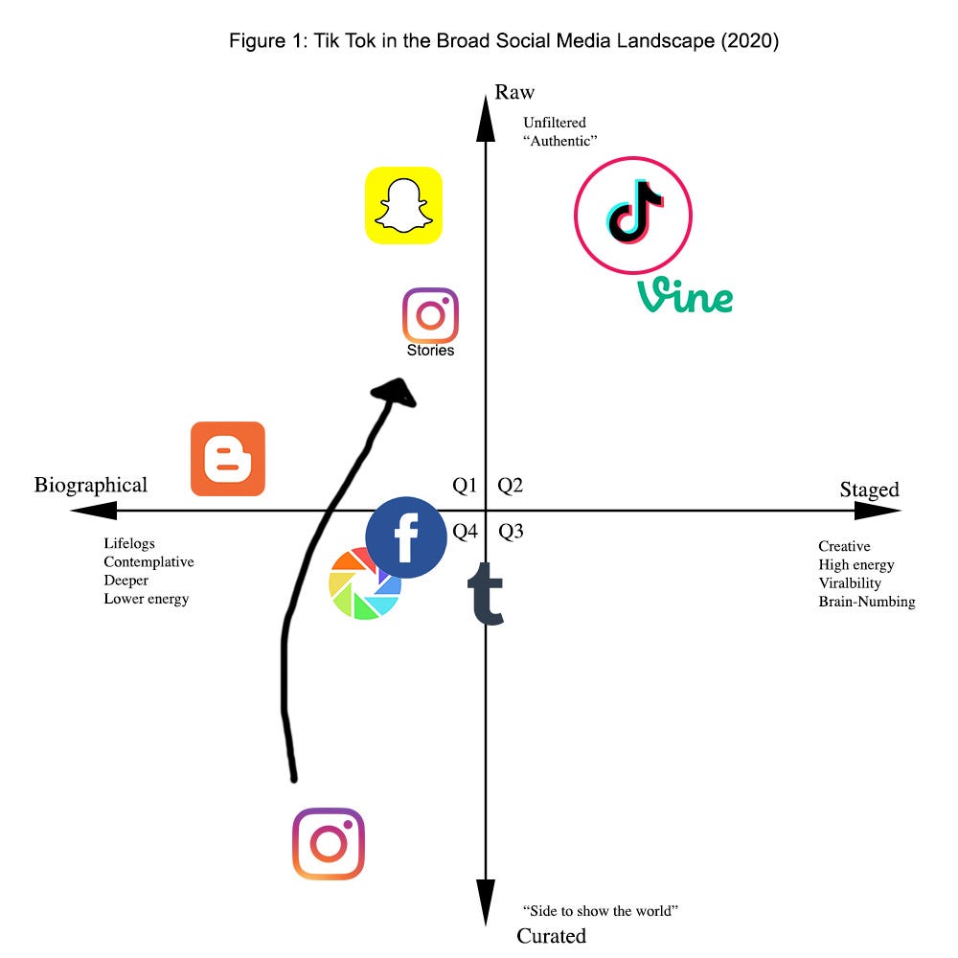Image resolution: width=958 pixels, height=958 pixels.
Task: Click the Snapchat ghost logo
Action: tap(403, 205)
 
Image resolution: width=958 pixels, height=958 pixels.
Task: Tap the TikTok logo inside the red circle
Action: tap(633, 216)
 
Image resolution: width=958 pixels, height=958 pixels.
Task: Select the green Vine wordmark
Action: tap(685, 297)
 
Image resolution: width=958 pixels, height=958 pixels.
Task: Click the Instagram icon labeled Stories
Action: tap(430, 315)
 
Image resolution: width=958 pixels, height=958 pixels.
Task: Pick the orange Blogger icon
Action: tap(228, 459)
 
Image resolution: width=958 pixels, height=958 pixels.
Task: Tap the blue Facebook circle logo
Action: tap(406, 537)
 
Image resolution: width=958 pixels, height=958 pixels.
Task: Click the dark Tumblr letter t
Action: tap(489, 594)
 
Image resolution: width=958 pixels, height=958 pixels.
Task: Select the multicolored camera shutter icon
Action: tap(364, 583)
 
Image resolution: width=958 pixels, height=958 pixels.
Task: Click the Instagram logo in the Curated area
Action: tap(329, 844)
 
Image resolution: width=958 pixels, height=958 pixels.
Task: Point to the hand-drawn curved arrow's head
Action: tap(395, 391)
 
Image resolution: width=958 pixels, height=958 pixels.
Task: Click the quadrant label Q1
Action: tap(465, 486)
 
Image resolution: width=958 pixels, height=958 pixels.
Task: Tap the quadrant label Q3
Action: tap(511, 532)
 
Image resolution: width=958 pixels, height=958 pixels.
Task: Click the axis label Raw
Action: tap(514, 92)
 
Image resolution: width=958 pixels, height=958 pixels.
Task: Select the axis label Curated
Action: tap(551, 936)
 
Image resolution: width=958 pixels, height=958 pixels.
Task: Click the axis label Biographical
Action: tap(91, 485)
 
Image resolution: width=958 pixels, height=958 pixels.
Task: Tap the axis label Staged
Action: tap(869, 490)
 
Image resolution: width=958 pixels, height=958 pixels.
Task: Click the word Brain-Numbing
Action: tap(866, 602)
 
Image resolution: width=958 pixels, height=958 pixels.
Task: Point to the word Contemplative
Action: tap(148, 561)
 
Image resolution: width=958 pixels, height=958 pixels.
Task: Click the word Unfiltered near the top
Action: tap(555, 123)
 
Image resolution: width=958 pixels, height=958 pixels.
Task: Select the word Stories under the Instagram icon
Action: tap(430, 351)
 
